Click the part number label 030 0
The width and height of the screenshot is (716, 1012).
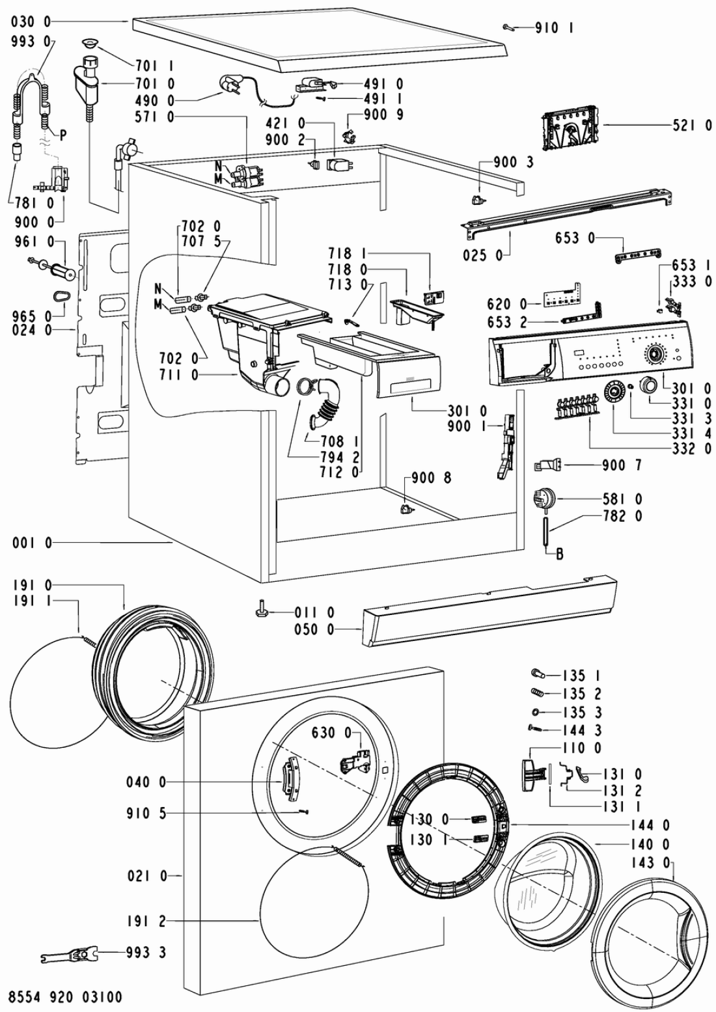coord(31,21)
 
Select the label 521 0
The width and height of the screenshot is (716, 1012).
coord(692,125)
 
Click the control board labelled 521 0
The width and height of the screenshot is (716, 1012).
coord(571,128)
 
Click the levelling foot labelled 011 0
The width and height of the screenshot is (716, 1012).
coord(264,612)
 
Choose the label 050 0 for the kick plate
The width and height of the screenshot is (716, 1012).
coord(314,629)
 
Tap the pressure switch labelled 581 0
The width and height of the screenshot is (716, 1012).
coord(544,499)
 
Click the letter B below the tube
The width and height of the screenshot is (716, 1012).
coord(560,554)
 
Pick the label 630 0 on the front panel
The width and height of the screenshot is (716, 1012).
coord(331,732)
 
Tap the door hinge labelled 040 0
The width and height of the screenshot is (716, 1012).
coord(289,781)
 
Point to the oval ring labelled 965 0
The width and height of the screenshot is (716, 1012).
coord(60,296)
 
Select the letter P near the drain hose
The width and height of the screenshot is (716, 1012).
coord(63,135)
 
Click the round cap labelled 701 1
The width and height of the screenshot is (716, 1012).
coord(90,44)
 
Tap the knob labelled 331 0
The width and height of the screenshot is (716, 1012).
coord(648,385)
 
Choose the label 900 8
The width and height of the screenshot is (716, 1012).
coord(431,478)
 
